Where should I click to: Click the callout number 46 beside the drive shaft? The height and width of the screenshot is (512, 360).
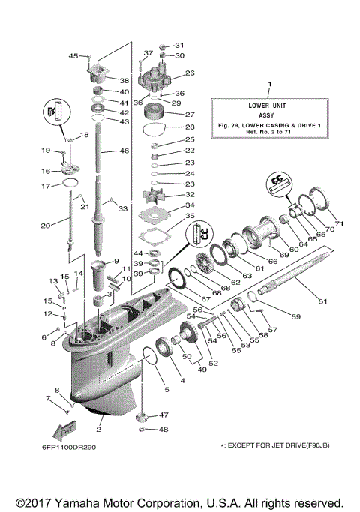125,151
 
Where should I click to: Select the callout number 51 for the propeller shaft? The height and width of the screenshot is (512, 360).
323,301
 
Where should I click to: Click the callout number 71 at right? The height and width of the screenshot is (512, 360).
338,223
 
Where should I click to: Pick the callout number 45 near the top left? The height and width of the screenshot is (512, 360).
73,55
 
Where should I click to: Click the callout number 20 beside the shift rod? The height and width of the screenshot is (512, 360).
45,225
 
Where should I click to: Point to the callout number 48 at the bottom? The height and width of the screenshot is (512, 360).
163,430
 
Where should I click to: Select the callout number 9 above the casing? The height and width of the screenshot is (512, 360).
116,261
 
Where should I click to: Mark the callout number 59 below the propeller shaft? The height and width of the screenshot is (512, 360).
295,317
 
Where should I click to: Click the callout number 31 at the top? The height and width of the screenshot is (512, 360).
179,45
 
